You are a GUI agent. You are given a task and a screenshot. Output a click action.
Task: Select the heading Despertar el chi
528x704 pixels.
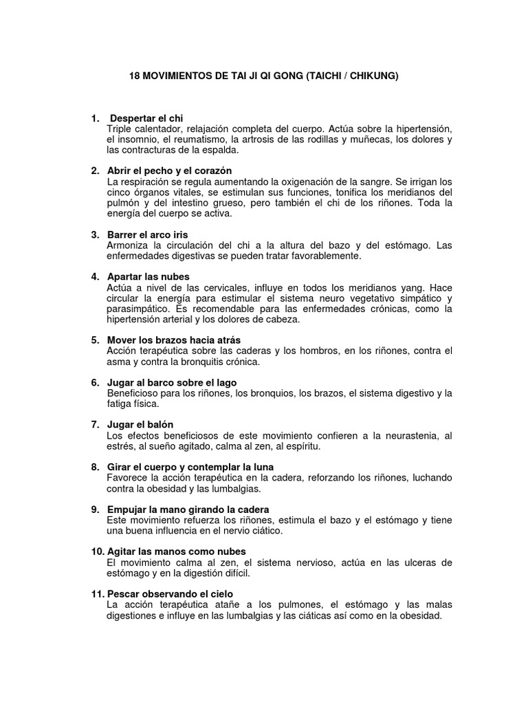click(146, 118)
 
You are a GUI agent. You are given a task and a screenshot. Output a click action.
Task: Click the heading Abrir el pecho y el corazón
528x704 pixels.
click(169, 170)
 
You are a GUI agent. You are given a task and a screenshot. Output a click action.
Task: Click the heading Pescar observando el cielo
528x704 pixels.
click(170, 593)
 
